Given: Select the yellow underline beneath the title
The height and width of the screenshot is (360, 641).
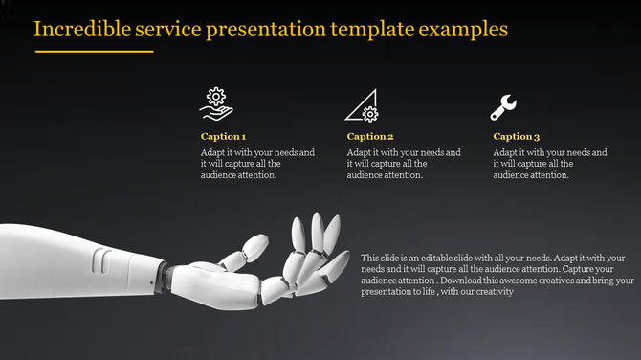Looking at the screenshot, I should click(94, 51).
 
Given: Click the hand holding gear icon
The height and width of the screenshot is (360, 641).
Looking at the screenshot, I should click(217, 104).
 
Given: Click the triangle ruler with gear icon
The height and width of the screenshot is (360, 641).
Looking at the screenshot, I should click(363, 104).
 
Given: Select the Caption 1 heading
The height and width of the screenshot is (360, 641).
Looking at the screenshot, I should click(223, 137).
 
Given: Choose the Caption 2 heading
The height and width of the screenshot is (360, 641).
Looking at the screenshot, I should click(370, 137).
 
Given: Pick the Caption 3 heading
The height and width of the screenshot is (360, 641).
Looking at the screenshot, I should click(517, 137).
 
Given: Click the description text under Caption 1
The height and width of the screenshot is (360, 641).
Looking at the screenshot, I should click(257, 164).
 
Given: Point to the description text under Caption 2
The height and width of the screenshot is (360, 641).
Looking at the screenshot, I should click(404, 164).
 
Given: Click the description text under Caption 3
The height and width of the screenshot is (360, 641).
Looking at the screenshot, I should click(550, 164).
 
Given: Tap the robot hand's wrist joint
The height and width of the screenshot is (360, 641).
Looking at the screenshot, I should click(165, 274).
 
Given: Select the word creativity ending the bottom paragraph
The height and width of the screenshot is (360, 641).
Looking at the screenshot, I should click(494, 293).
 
